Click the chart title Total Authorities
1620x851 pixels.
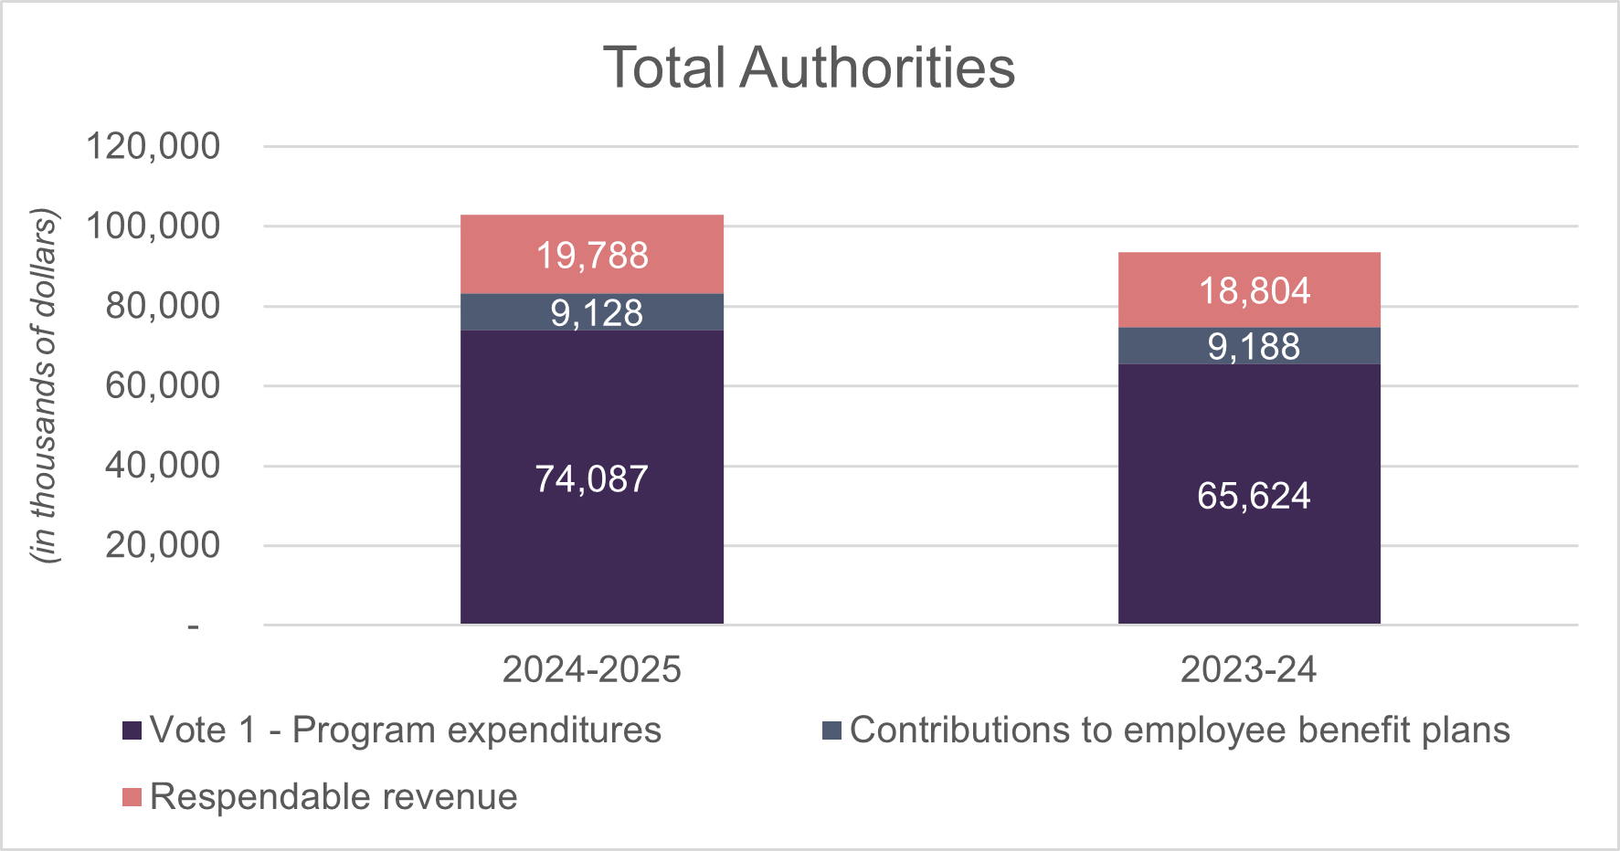pyautogui.click(x=809, y=68)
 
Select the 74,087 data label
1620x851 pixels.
pyautogui.click(x=591, y=479)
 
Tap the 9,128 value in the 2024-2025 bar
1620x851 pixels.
pyautogui.click(x=596, y=313)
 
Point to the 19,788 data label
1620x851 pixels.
pyautogui.click(x=592, y=256)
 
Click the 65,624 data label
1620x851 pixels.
pyautogui.click(x=1254, y=496)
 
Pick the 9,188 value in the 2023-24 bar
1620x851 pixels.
pyautogui.click(x=1254, y=347)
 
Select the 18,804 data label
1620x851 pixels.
pyautogui.click(x=1254, y=291)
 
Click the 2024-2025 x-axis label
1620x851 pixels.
pyautogui.click(x=591, y=670)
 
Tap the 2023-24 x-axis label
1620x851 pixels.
pyautogui.click(x=1248, y=670)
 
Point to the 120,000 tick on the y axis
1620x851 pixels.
pyautogui.click(x=153, y=146)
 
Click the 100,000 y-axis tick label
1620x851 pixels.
pyautogui.click(x=153, y=226)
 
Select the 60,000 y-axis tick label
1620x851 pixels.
pyautogui.click(x=163, y=385)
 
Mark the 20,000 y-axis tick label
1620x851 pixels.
pyautogui.click(x=163, y=545)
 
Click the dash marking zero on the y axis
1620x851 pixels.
pyautogui.click(x=193, y=626)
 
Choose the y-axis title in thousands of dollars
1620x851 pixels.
pyautogui.click(x=44, y=385)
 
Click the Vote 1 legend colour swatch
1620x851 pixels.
pyautogui.click(x=132, y=730)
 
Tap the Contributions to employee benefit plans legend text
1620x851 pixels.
pyautogui.click(x=1180, y=730)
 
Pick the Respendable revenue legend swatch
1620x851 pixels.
pyautogui.click(x=132, y=797)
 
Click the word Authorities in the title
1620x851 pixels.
pyautogui.click(x=877, y=68)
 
